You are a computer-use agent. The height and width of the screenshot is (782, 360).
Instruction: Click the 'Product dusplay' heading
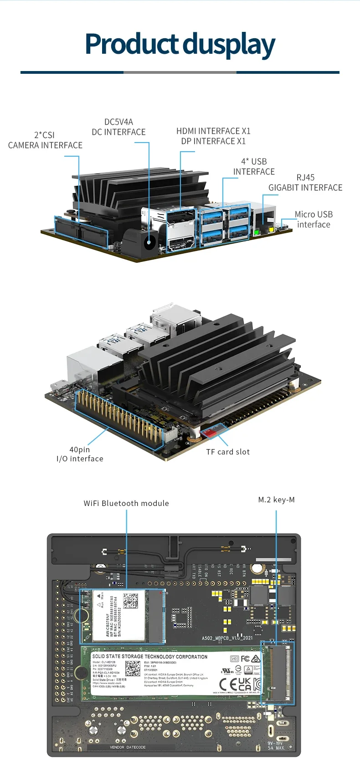click(x=180, y=45)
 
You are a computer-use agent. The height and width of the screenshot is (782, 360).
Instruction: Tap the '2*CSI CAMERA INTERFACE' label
click(x=45, y=140)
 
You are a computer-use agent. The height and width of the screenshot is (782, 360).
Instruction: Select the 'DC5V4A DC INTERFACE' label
click(x=118, y=127)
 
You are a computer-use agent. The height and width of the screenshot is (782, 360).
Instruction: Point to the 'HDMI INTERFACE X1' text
click(x=213, y=131)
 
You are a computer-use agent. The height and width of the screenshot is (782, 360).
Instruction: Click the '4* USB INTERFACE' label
click(x=254, y=167)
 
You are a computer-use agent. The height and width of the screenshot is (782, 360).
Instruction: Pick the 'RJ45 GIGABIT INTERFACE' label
click(x=305, y=183)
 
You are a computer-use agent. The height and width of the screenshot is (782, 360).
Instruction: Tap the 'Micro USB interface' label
click(x=314, y=219)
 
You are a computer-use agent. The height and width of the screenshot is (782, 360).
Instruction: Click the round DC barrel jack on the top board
click(x=149, y=243)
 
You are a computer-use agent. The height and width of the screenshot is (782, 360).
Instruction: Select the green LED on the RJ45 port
click(x=257, y=232)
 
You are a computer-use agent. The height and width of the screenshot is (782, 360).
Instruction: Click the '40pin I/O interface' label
click(x=80, y=454)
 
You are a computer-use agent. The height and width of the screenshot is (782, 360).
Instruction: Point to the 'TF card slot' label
click(x=228, y=452)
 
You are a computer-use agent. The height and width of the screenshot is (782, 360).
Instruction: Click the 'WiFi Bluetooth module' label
click(x=126, y=503)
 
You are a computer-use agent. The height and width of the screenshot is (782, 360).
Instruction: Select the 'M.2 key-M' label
click(x=276, y=500)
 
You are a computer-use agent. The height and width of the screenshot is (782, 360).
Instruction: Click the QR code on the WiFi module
click(x=130, y=601)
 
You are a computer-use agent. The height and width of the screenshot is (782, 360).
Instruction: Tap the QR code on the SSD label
click(x=133, y=668)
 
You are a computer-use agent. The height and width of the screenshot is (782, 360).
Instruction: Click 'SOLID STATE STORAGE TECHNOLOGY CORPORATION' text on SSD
click(x=150, y=657)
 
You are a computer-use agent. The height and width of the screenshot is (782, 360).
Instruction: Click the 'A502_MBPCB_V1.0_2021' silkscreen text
click(x=227, y=638)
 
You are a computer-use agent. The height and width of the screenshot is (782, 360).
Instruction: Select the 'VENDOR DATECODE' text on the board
click(x=128, y=747)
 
